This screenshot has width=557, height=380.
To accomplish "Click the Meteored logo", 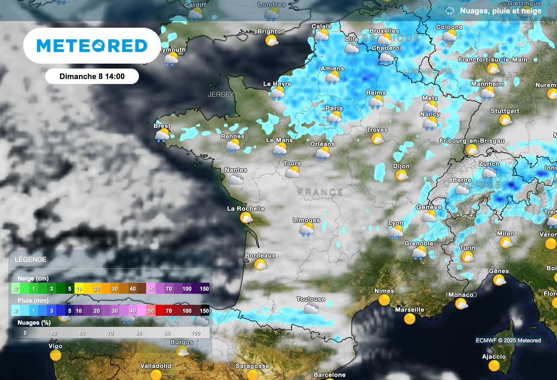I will [92, 46].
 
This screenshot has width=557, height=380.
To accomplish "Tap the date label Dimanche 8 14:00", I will [92, 77].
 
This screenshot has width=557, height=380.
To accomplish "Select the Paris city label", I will [334, 108].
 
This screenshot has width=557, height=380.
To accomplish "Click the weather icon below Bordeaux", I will [261, 265].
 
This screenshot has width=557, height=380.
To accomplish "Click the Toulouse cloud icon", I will [311, 309].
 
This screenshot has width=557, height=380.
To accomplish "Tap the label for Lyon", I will [395, 223].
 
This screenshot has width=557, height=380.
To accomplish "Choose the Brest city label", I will [162, 126].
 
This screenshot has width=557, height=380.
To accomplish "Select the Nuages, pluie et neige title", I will [500, 11].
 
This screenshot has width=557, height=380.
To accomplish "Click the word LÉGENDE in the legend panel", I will [30, 260].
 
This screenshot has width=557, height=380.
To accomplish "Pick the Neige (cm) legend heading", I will [33, 278].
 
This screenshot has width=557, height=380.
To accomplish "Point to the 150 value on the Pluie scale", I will [204, 311].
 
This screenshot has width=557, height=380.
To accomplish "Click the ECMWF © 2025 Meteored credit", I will [508, 341].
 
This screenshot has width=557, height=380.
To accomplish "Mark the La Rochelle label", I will [246, 209].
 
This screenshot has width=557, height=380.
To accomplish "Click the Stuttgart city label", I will [505, 111].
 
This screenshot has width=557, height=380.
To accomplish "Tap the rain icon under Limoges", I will [307, 230].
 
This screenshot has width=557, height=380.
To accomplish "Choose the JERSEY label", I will [221, 94].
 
